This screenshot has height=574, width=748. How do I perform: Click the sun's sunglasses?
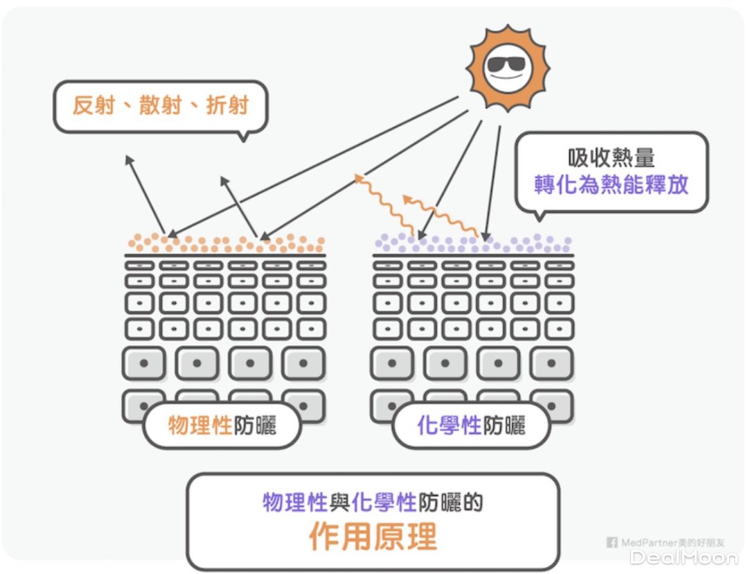[506, 65]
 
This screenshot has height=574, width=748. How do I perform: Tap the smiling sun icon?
[507, 67]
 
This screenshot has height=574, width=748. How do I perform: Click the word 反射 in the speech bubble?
[93, 105]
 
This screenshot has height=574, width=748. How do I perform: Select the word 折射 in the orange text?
[227, 105]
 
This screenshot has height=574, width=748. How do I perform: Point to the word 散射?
[161, 105]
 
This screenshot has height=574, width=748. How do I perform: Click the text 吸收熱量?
[612, 157]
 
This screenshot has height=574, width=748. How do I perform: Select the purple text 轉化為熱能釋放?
[612, 184]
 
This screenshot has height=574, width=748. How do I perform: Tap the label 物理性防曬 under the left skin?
[222, 425]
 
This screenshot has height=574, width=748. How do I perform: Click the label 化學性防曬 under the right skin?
[471, 425]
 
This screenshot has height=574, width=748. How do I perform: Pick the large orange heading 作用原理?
[373, 536]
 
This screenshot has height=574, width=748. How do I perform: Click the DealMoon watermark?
[684, 557]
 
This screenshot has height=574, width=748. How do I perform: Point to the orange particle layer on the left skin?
[226, 243]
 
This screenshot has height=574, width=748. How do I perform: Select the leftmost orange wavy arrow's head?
[359, 178]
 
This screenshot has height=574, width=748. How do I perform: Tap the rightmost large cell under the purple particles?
[552, 363]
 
